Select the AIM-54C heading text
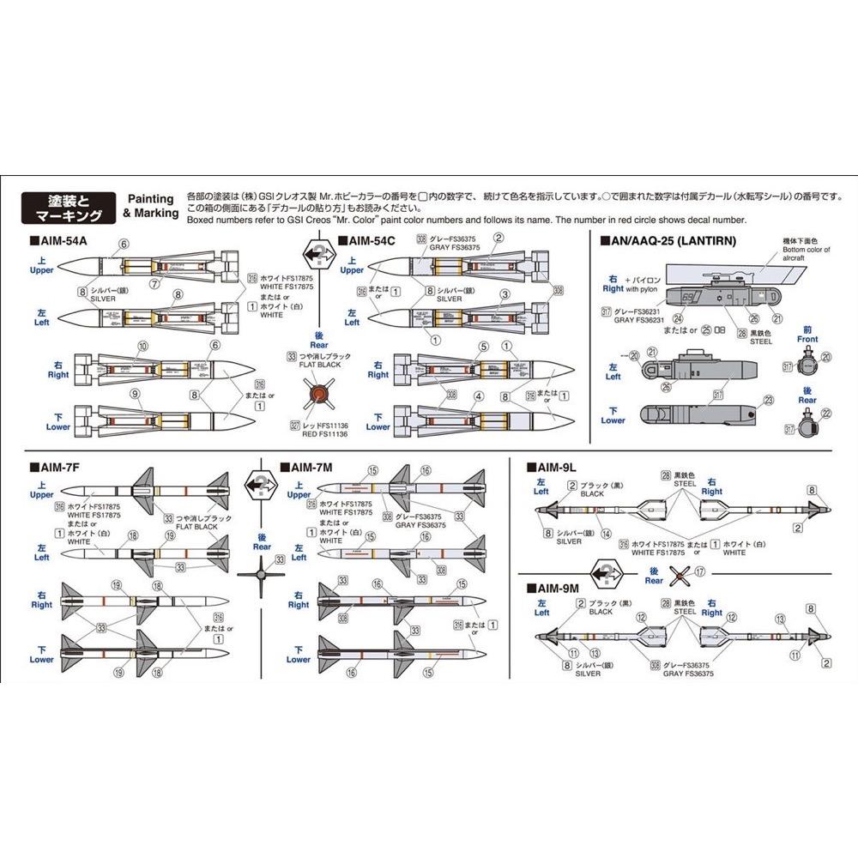[371, 242]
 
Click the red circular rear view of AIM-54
[318, 394]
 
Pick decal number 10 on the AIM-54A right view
[142, 346]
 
